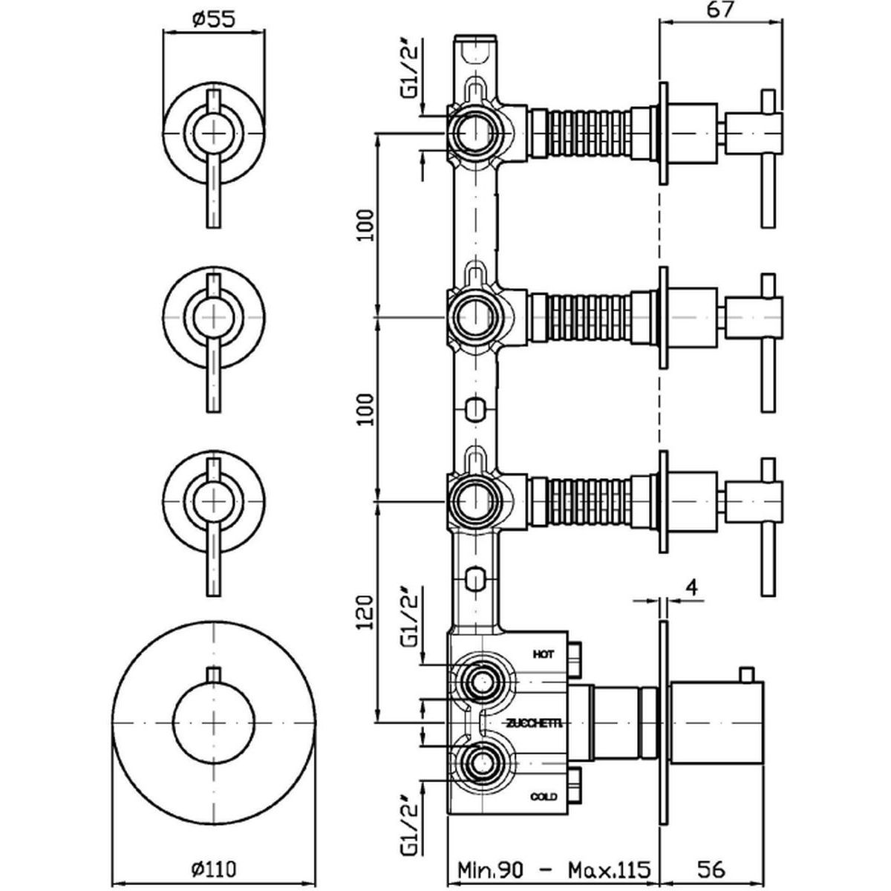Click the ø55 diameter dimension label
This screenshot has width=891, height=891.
(214, 20)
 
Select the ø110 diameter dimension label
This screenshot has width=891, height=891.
(215, 867)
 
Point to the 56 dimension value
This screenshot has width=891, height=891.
(714, 867)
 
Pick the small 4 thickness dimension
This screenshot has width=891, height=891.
(692, 588)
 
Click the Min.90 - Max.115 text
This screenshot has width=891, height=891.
(553, 867)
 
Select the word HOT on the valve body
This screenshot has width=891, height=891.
(544, 654)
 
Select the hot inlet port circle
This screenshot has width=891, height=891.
(480, 680)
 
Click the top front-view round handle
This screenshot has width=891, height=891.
(214, 131)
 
